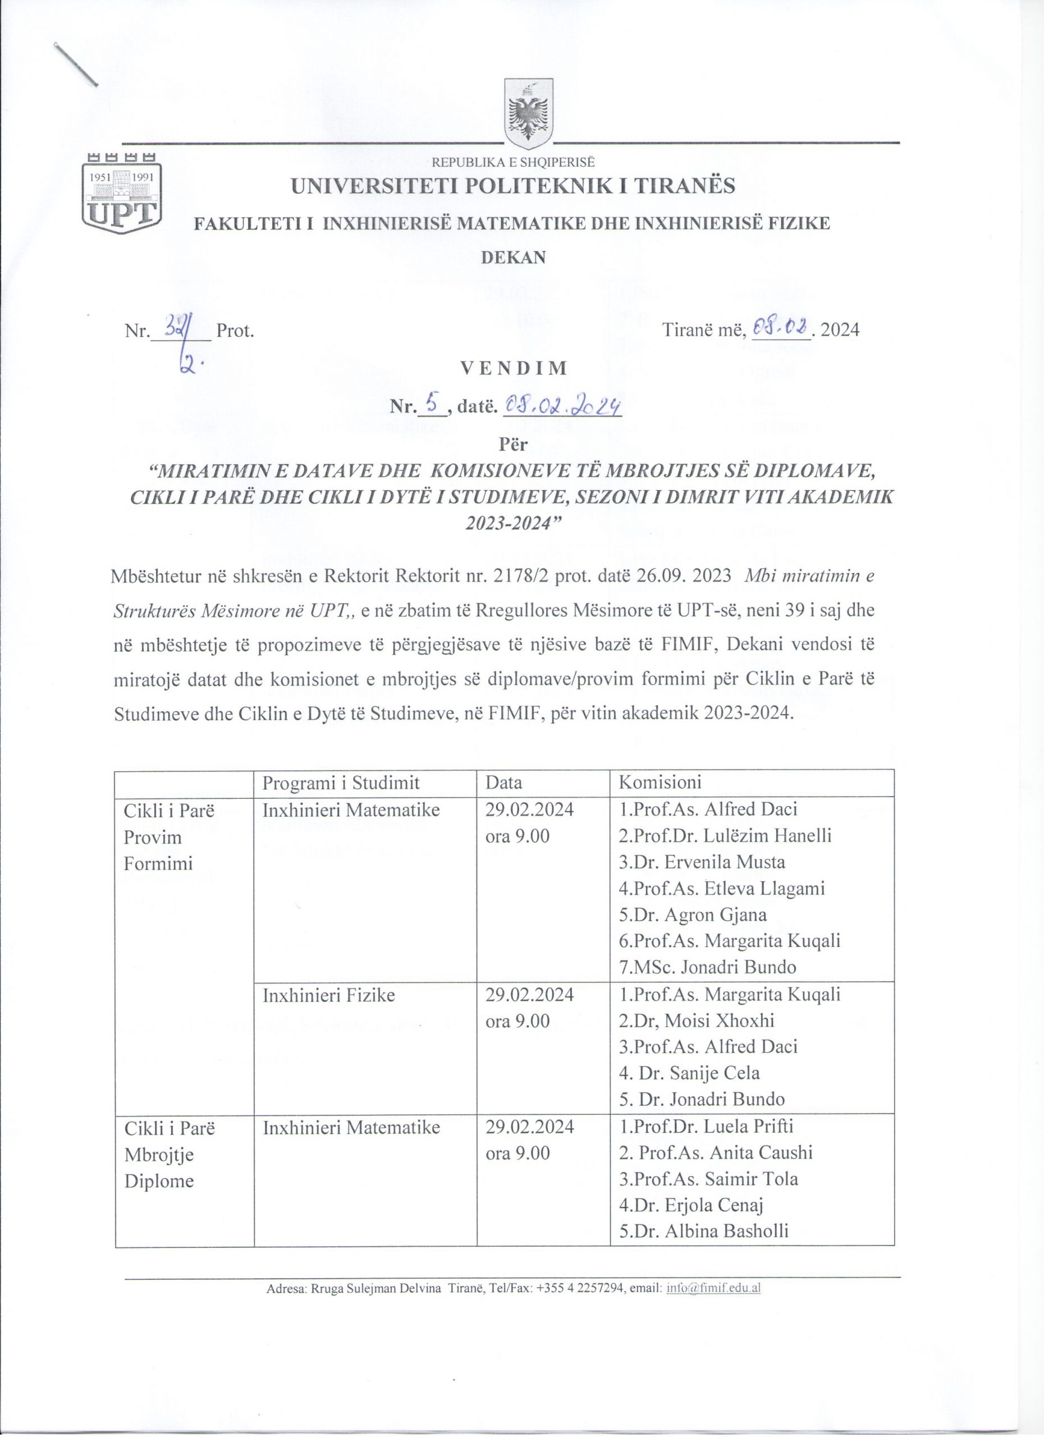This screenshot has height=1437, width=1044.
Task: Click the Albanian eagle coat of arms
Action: coord(528,114)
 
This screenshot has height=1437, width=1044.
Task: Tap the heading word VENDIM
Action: coord(513,368)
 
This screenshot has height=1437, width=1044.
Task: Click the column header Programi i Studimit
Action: coord(341,782)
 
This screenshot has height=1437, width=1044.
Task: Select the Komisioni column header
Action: coord(660,782)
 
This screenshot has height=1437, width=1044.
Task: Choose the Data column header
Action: coord(503,782)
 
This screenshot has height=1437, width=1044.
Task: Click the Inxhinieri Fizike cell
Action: coord(329,995)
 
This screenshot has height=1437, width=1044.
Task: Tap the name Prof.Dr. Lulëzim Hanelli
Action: coord(725,836)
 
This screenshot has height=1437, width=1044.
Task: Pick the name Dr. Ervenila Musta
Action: coord(702,862)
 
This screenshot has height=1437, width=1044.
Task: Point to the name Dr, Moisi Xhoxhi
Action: coord(696,1020)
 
